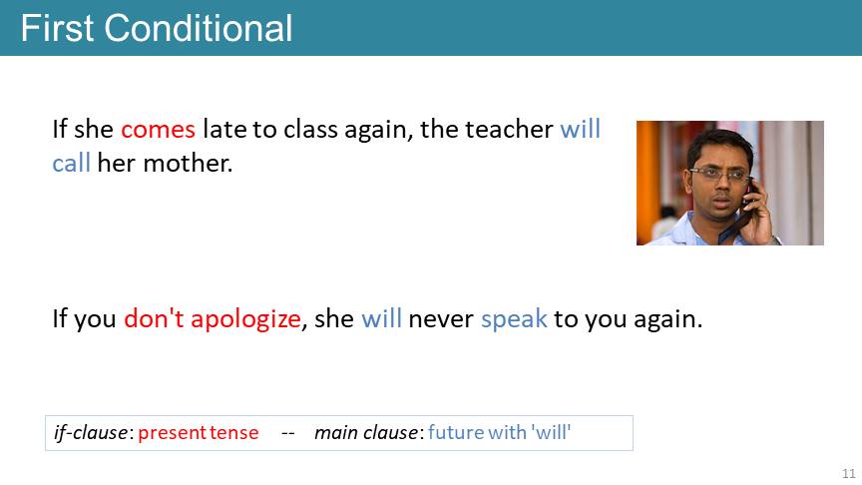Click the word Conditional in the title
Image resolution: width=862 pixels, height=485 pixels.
coord(199,28)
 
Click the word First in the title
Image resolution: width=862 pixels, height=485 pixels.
coord(57,28)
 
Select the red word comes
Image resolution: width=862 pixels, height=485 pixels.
coord(158,131)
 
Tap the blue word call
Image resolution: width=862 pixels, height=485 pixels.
coord(72,163)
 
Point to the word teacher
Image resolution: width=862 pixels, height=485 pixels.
coord(509,130)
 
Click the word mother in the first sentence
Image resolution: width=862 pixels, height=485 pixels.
coord(188,163)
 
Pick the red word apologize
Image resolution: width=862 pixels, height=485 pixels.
coord(245,319)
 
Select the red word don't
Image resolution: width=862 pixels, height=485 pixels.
coord(154,318)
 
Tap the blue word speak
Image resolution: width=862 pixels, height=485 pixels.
coord(514,319)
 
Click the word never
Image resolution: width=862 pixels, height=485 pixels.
coord(441,320)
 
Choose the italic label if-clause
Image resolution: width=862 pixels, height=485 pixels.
coord(91,433)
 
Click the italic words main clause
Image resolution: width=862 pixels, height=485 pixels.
coord(366,433)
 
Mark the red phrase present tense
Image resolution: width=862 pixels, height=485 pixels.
coord(198,433)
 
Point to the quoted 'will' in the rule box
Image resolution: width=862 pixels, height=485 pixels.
coord(551,432)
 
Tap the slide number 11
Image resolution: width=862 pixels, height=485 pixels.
coord(849,473)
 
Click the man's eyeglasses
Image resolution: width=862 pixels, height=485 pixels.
coord(719,175)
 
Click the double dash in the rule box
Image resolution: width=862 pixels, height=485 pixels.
coord(288,434)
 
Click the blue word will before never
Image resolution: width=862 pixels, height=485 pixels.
coord(381,318)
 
